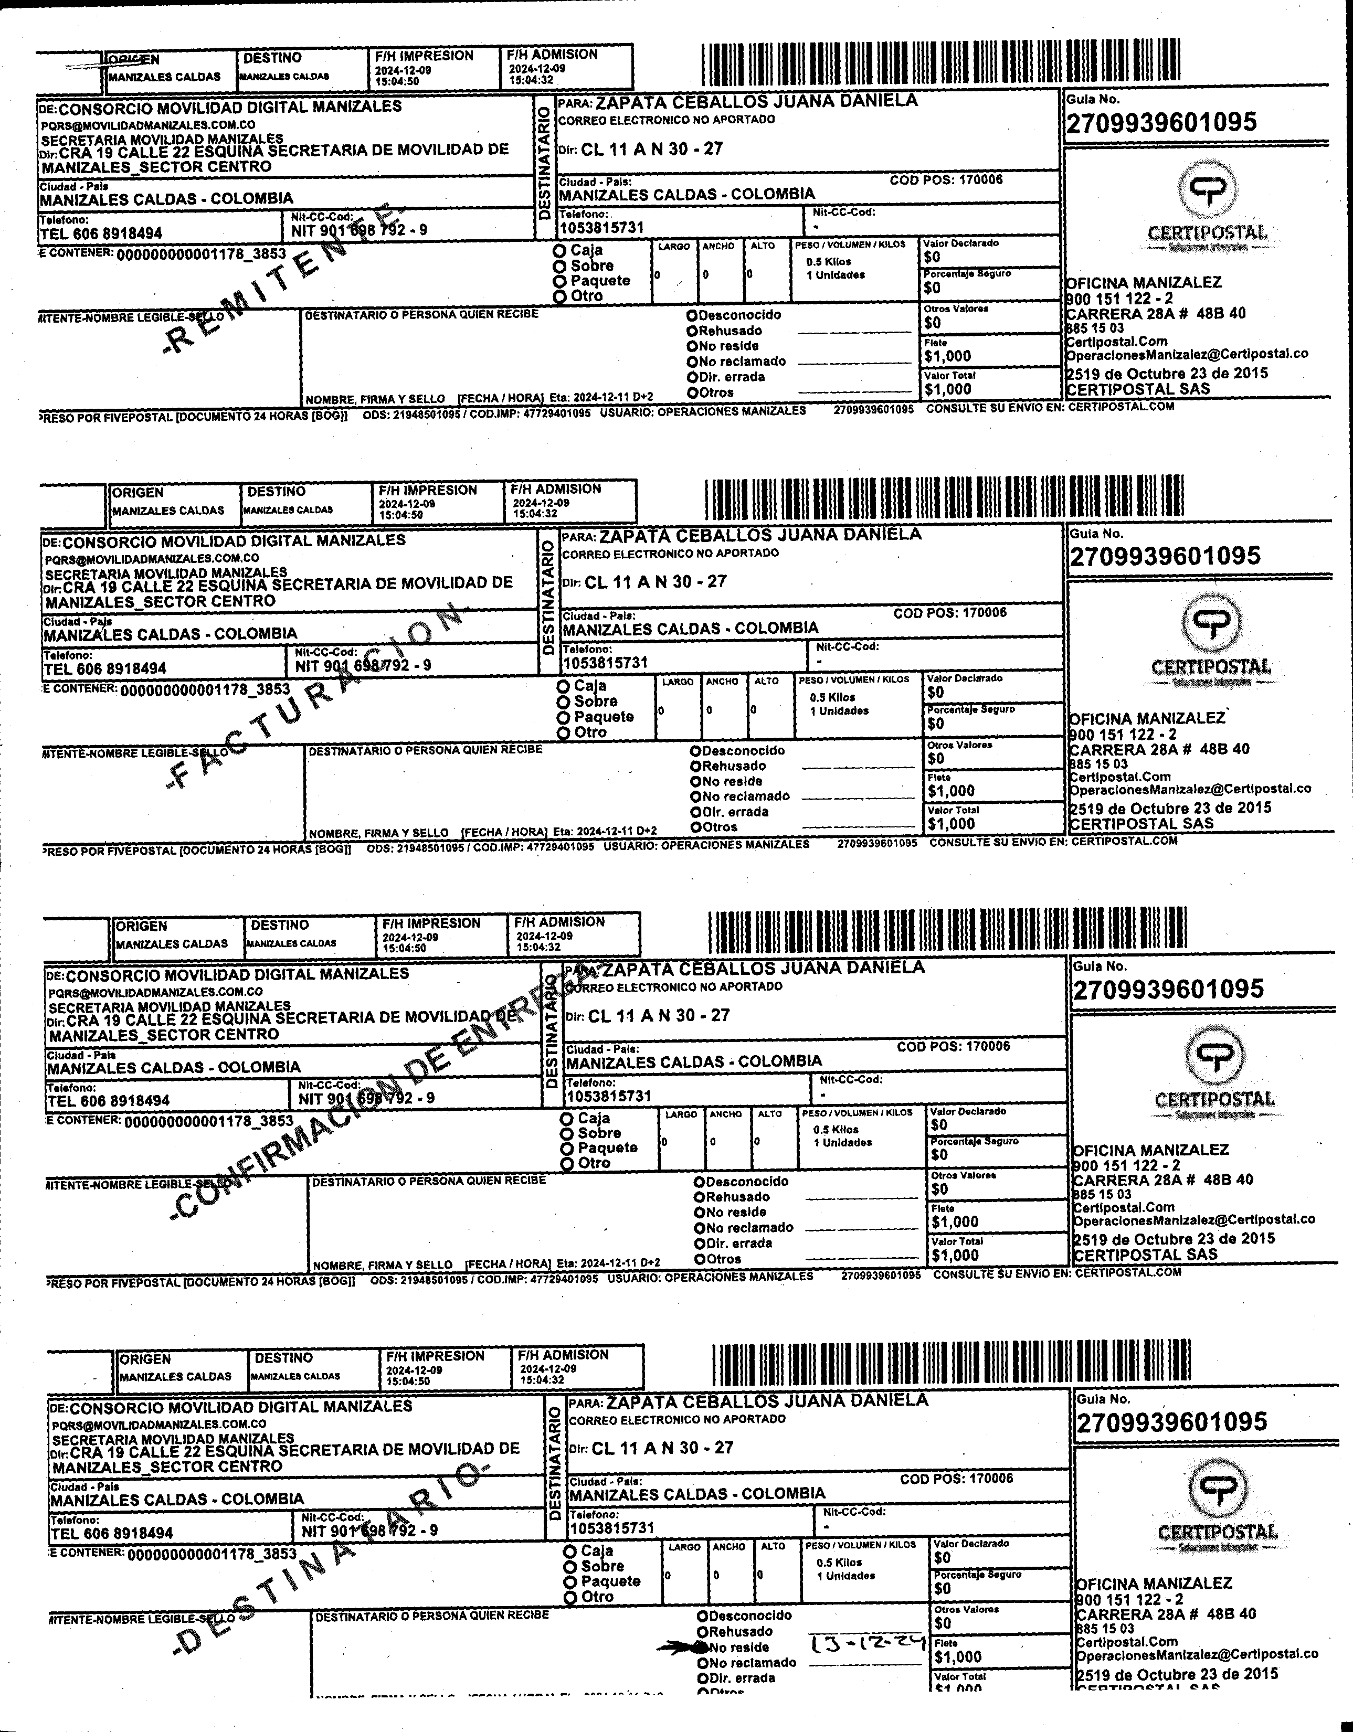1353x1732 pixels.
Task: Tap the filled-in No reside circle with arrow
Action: [x=701, y=1646]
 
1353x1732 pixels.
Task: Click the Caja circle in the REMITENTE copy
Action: [x=560, y=250]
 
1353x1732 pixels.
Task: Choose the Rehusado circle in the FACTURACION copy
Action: [x=695, y=766]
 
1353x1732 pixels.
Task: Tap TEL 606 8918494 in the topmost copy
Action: [x=101, y=233]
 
